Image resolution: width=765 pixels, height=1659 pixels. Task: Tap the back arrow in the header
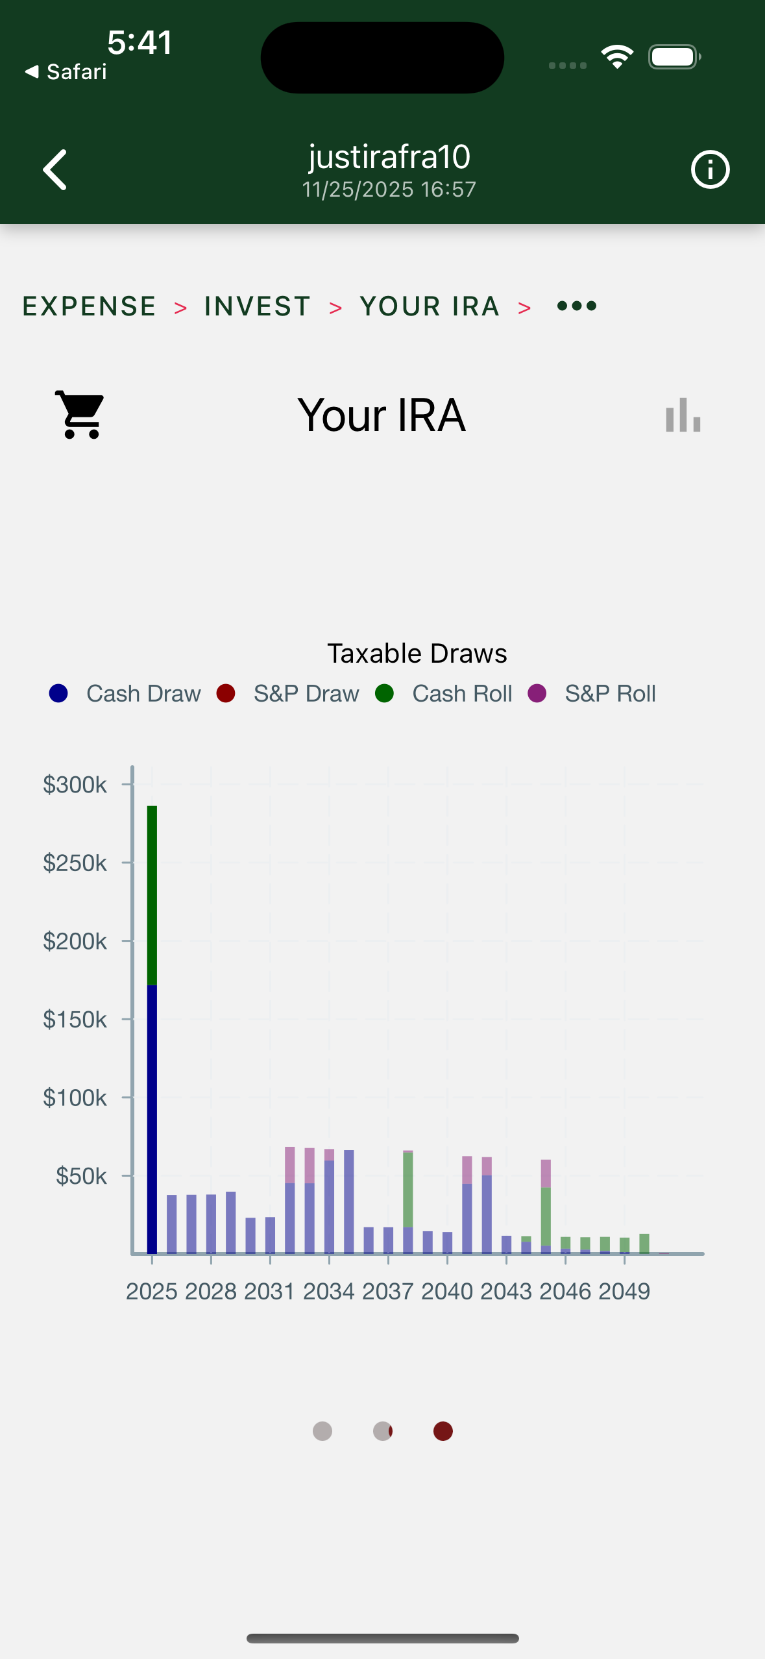(x=55, y=169)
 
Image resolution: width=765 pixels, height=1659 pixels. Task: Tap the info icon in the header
(x=710, y=169)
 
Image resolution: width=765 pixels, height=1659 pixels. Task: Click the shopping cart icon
(x=80, y=415)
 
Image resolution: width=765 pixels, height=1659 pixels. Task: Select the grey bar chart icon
(x=683, y=415)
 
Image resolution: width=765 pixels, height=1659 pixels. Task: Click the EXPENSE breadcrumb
(x=90, y=306)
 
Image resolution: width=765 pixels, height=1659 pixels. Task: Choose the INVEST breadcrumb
(x=258, y=306)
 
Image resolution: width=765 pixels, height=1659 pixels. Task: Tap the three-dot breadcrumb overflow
(x=577, y=306)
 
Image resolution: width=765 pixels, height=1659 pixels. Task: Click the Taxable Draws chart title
(x=417, y=654)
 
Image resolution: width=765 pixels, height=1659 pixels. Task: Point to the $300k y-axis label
(x=75, y=785)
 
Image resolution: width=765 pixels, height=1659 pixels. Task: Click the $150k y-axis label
(x=75, y=1020)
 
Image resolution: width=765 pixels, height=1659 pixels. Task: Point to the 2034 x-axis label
(x=329, y=1292)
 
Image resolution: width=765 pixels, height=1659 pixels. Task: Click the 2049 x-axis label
(x=624, y=1292)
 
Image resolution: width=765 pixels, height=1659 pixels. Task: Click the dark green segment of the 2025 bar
(x=152, y=896)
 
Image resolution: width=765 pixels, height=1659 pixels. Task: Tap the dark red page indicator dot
(x=443, y=1431)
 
